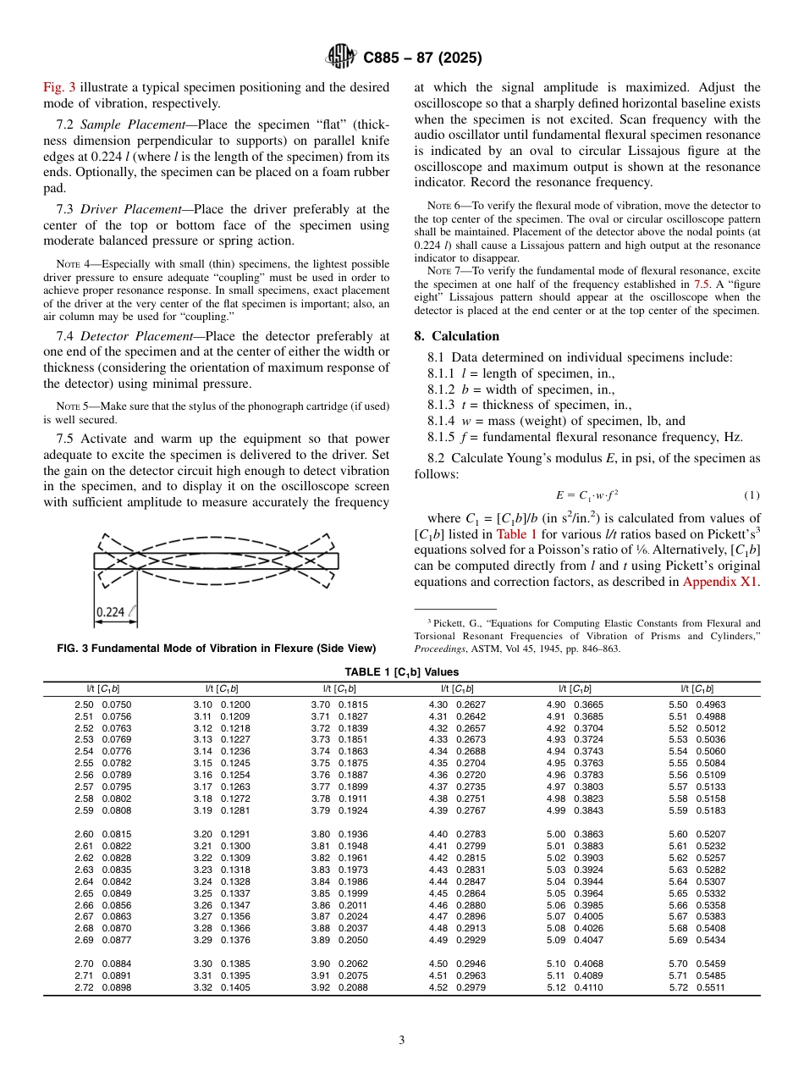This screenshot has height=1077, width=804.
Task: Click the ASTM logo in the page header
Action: coord(341,58)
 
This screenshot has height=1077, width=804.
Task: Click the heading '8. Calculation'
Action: coord(456,336)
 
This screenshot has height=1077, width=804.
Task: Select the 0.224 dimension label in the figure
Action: coord(113,611)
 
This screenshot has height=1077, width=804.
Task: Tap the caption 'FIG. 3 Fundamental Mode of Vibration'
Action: coord(216,649)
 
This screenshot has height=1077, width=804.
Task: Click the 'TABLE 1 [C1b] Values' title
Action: coord(401,671)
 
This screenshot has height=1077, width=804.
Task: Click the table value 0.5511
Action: coord(711,987)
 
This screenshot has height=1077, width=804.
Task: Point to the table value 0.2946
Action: coord(471,964)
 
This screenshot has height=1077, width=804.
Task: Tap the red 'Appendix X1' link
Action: coord(721,582)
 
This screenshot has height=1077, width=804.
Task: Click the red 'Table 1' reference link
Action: coord(516,534)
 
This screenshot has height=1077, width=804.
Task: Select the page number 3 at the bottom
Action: coord(401,1041)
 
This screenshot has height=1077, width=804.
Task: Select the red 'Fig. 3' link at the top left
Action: coord(59,87)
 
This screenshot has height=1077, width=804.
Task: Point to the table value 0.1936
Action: coord(353,834)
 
